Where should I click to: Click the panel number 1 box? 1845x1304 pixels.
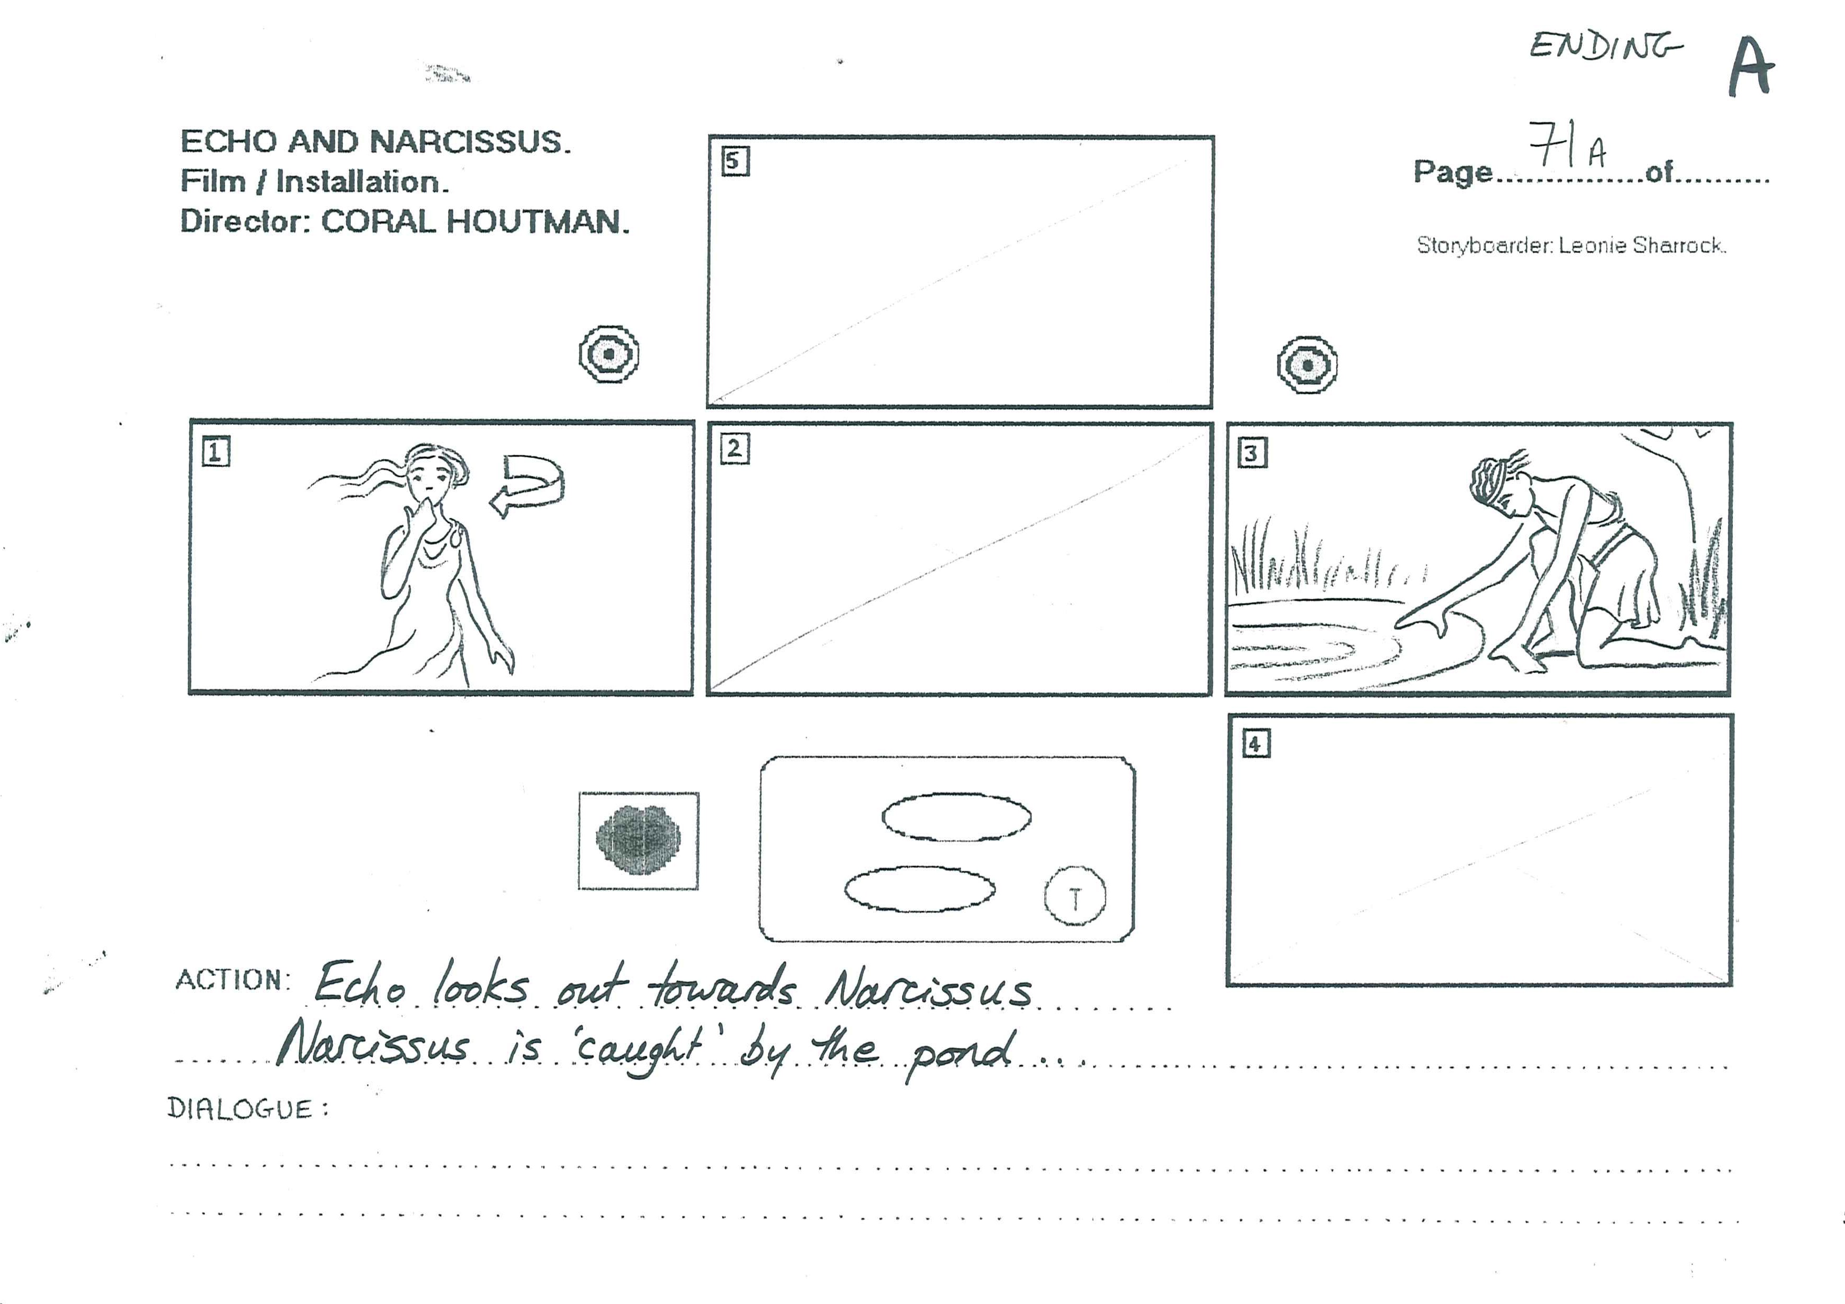[x=215, y=452]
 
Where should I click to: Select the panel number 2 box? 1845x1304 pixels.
[x=734, y=449]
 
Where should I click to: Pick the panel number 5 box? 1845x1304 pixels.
[x=734, y=161]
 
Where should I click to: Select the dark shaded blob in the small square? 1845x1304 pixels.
[x=638, y=840]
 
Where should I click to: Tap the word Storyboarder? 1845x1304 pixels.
[x=1483, y=245]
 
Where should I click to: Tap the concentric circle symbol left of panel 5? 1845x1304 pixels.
[x=609, y=353]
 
